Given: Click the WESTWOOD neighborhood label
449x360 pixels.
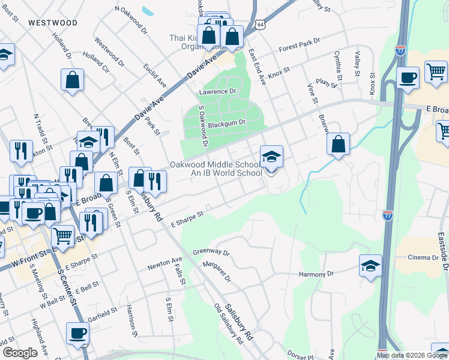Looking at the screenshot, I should (x=52, y=23).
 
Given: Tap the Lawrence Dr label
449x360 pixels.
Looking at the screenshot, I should (x=217, y=91).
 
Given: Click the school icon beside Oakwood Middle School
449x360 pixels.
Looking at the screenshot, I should (x=271, y=158).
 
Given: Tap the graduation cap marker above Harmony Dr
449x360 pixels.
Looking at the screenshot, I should (x=371, y=266).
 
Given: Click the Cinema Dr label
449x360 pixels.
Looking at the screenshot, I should (x=424, y=257).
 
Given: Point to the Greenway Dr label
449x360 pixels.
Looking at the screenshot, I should (x=211, y=253).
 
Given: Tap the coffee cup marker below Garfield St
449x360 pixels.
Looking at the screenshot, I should (x=77, y=334).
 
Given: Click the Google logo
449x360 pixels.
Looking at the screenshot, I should (x=20, y=353).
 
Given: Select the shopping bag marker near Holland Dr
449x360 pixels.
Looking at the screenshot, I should (x=72, y=80).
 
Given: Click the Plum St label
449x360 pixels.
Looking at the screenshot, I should (x=324, y=82).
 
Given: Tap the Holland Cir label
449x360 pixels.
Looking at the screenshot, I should (x=96, y=64).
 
